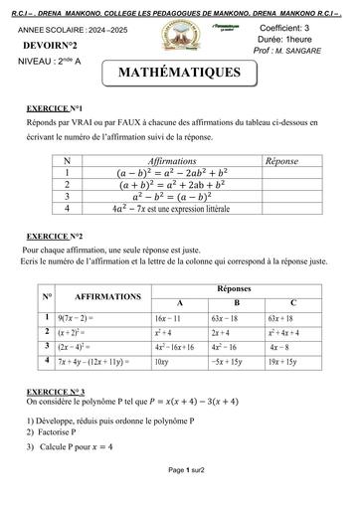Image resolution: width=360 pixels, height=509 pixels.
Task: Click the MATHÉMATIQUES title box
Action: pyautogui.click(x=179, y=74)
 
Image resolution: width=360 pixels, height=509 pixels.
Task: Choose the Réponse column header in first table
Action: pyautogui.click(x=287, y=159)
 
